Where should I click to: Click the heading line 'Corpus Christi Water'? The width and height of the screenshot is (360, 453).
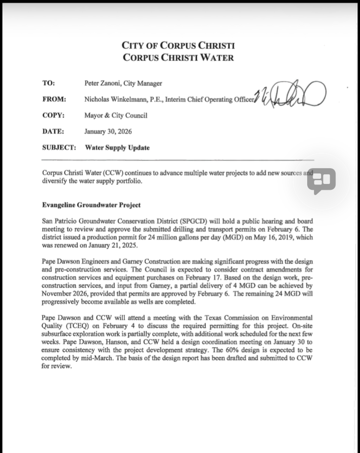point(178,58)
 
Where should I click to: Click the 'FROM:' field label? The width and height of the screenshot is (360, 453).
point(54,99)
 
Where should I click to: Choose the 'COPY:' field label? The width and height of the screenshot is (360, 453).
point(53,115)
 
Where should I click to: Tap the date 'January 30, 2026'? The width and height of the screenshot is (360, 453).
point(108,131)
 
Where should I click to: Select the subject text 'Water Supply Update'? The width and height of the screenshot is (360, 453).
point(117,147)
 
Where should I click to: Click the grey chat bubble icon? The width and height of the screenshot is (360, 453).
point(321,181)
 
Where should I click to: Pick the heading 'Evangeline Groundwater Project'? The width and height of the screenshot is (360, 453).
point(91,205)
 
